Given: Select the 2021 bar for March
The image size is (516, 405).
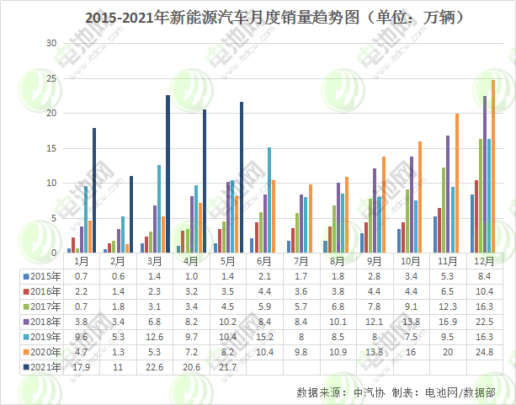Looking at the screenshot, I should point(168,173).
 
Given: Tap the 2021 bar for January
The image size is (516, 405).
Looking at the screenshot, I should point(94,190).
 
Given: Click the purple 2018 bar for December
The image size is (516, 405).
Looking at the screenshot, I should point(484,174).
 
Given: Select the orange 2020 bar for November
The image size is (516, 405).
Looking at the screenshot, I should point(457,183).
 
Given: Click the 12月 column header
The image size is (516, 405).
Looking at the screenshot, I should point(484,262).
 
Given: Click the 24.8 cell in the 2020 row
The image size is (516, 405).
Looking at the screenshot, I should point(484,351).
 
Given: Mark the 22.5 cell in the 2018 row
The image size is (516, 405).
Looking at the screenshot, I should point(484,321).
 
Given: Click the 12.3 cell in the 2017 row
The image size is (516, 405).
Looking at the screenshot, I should point(448,306).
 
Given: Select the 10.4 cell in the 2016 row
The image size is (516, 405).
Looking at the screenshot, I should point(484,290).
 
